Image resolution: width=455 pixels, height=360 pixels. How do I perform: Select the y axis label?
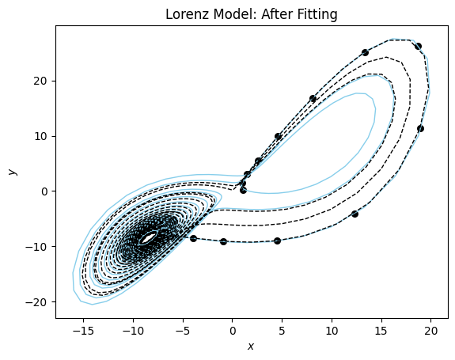(11, 172)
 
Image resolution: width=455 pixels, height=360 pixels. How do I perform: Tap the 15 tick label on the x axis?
(381, 328)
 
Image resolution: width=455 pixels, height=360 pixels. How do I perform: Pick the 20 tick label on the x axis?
(431, 328)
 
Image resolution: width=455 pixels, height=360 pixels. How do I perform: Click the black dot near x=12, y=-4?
(355, 214)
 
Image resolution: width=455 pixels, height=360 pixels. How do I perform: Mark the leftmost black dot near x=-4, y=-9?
(193, 238)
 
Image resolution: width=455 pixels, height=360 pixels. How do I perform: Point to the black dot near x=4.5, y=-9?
(277, 241)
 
